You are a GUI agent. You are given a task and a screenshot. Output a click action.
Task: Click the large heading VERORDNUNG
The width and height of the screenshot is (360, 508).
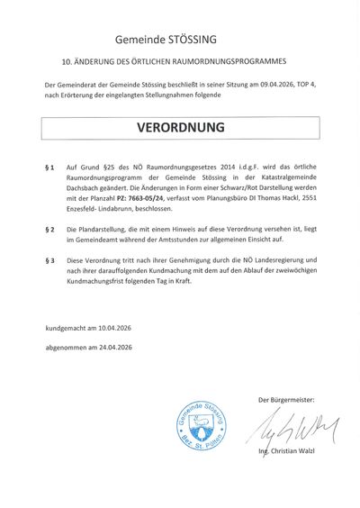[x=179, y=128]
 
